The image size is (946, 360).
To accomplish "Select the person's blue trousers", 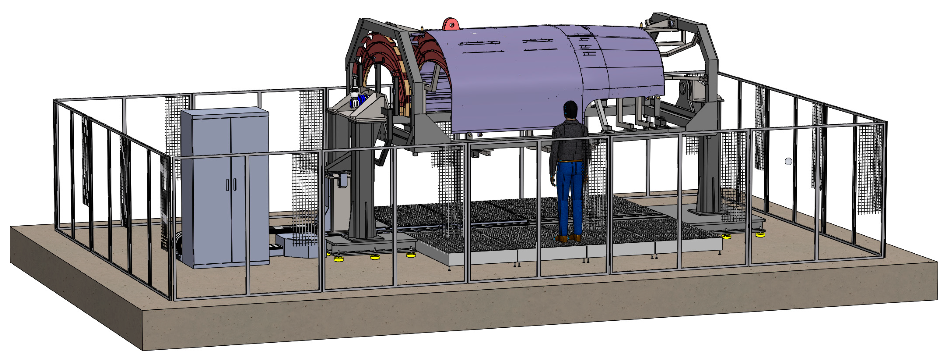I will click(570, 195).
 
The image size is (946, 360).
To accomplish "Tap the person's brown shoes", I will click(567, 238).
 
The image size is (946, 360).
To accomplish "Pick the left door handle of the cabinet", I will click(228, 185).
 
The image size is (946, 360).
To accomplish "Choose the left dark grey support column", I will click(362, 184).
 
